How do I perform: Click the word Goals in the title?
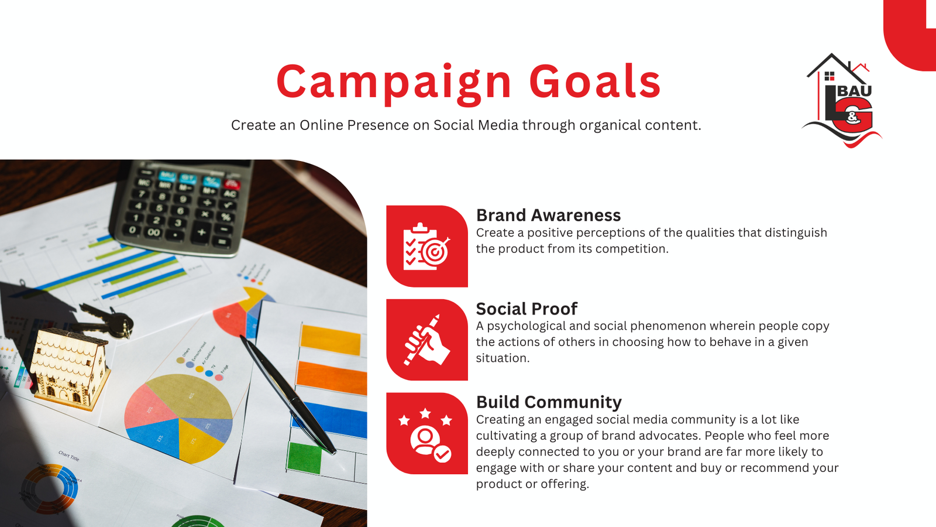[x=595, y=81]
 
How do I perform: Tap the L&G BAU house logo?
[x=842, y=100]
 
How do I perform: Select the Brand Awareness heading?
[x=548, y=215]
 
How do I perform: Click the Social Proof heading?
[x=526, y=309]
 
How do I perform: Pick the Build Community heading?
[x=549, y=402]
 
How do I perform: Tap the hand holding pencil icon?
[x=426, y=340]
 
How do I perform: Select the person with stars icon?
[x=425, y=435]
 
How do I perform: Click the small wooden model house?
[x=70, y=368]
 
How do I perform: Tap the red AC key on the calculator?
[x=231, y=184]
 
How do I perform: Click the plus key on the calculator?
[x=201, y=231]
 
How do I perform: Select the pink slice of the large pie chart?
[x=150, y=407]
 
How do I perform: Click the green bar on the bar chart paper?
[x=305, y=457]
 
